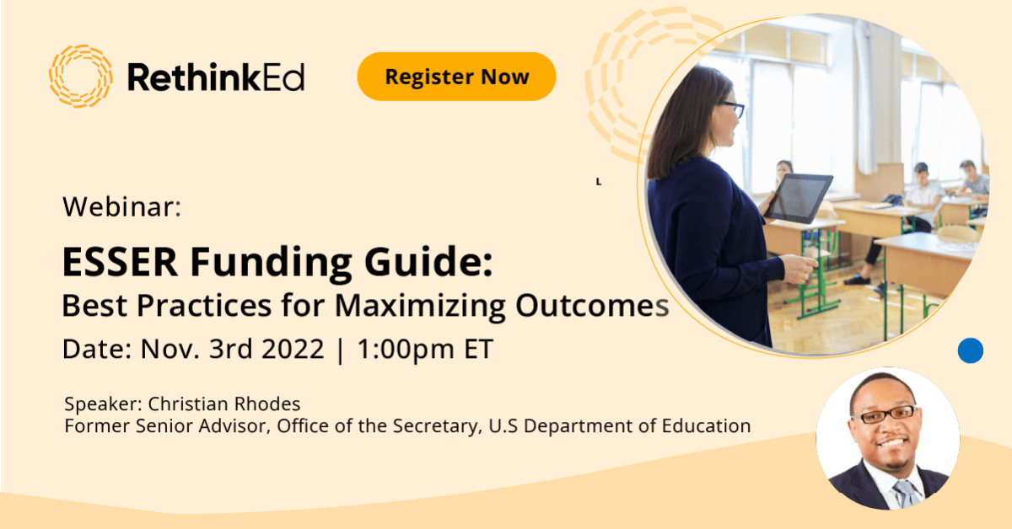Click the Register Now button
(456, 77)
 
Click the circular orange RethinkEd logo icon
(80, 77)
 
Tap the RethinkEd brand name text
(216, 78)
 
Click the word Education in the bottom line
(704, 426)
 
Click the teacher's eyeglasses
(731, 108)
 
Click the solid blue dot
(971, 350)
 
